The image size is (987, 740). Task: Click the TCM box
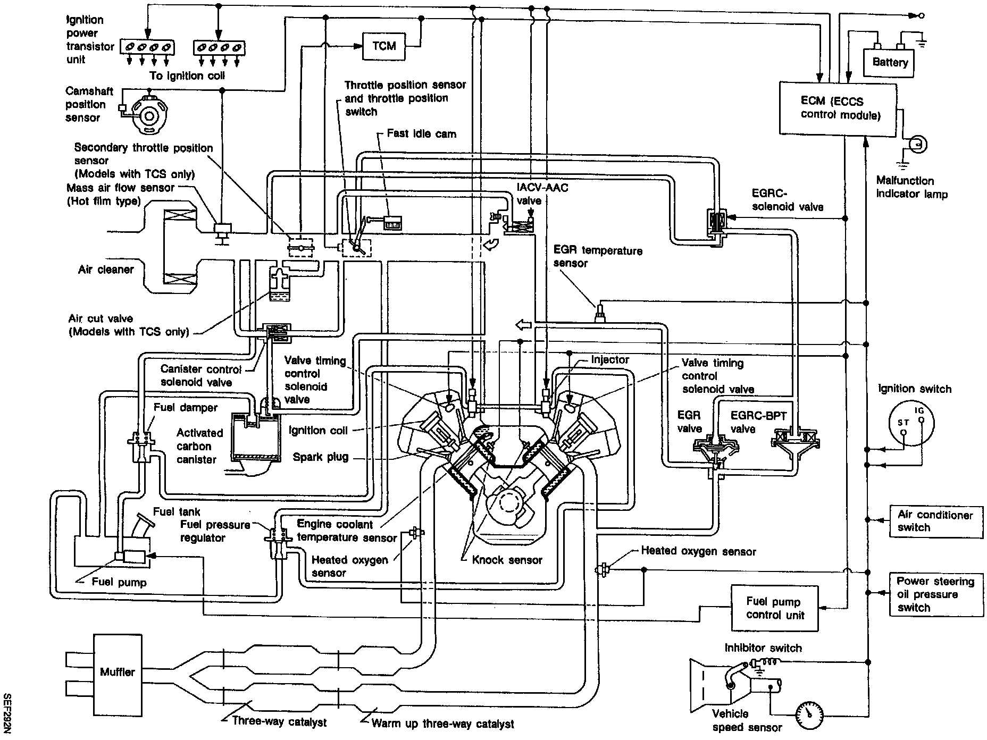click(x=384, y=46)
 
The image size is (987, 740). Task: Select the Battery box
click(x=889, y=63)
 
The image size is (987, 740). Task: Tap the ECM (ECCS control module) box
click(x=839, y=108)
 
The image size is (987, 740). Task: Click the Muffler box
click(x=118, y=672)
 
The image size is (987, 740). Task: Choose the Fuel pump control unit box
click(x=774, y=608)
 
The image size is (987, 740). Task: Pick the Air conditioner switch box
click(x=936, y=521)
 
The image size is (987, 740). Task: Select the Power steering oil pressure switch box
click(x=936, y=594)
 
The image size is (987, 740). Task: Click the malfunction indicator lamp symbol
click(x=917, y=144)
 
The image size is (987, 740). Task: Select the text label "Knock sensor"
click(x=507, y=560)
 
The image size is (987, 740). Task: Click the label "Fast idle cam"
click(x=421, y=133)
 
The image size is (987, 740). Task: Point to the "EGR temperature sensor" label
click(x=598, y=257)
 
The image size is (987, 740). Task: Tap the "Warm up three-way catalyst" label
click(x=443, y=724)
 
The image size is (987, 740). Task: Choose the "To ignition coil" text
click(x=187, y=75)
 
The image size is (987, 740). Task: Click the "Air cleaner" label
click(x=106, y=270)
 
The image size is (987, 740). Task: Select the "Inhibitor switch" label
click(x=763, y=648)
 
